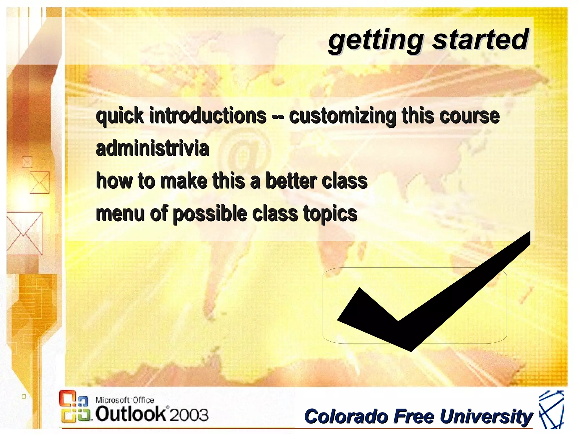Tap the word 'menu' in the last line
point(120,214)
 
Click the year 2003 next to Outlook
point(189,415)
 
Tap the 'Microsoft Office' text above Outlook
point(125,400)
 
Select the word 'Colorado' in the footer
point(346,416)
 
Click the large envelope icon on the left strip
point(24,233)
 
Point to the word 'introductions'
point(208,116)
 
